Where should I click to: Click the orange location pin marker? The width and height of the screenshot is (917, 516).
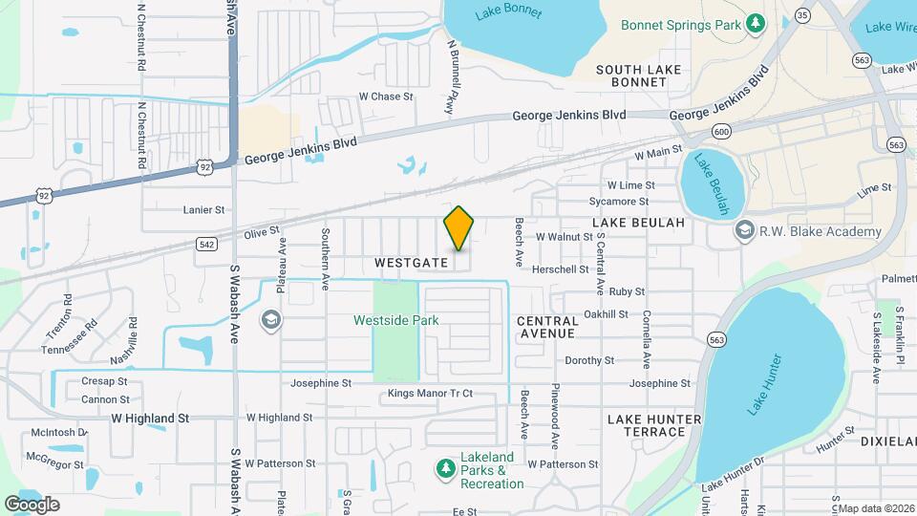(458, 229)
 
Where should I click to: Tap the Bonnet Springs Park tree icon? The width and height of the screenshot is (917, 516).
(756, 23)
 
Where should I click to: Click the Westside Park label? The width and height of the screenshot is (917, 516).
(396, 320)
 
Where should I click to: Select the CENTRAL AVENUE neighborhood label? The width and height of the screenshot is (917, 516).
(546, 327)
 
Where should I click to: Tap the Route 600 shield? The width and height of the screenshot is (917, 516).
(722, 131)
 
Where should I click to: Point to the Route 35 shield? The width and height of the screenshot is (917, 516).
(802, 15)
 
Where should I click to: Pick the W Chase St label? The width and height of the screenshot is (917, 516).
(385, 97)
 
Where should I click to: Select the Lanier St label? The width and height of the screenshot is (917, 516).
(203, 209)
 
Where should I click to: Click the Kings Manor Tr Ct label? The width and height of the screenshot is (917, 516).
(430, 394)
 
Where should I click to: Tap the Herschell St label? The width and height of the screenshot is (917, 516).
(561, 270)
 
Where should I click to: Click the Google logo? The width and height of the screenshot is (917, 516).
(32, 505)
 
